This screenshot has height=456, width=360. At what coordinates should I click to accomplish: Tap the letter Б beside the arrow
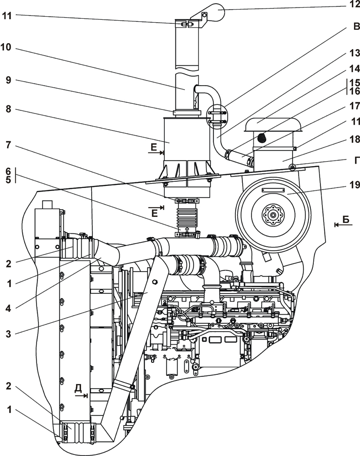click(x=346, y=219)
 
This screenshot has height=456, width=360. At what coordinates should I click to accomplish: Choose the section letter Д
click(x=78, y=388)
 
